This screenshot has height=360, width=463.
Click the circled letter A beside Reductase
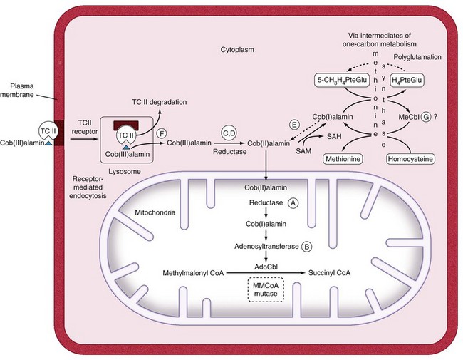tap(292, 202)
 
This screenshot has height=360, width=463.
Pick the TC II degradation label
tap(159, 103)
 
